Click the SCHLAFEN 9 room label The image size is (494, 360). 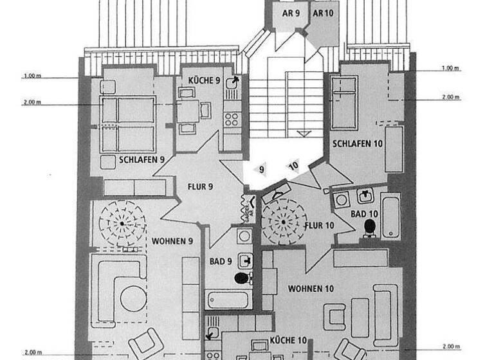(142, 159)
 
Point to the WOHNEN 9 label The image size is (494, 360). (172, 241)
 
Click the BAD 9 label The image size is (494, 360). (221, 261)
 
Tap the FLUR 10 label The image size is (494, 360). (318, 225)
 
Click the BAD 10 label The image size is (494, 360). (364, 213)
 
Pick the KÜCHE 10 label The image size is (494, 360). (287, 339)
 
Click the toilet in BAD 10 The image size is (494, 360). (370, 226)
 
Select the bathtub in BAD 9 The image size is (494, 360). (230, 299)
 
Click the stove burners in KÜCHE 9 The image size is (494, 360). (232, 119)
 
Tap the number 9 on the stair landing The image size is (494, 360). (262, 170)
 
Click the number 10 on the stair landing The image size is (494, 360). (293, 166)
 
